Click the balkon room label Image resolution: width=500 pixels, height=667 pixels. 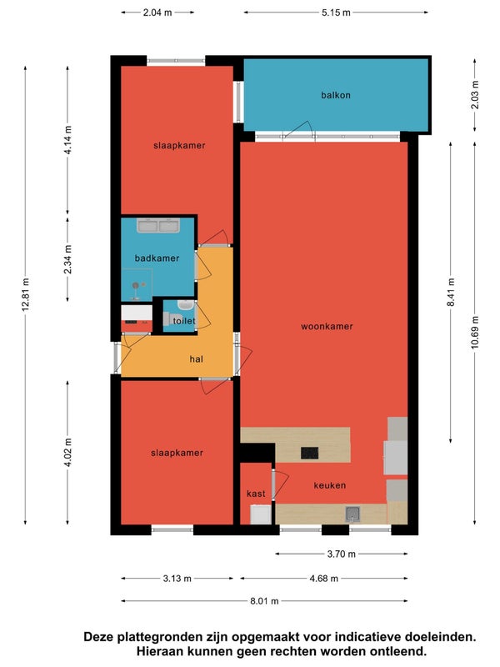coord(336,95)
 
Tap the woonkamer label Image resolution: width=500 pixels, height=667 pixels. coord(327,326)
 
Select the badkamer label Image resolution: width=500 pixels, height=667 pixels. coord(157,258)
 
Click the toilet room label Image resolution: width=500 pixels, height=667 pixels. coord(184,321)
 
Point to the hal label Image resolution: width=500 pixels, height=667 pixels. coord(196,359)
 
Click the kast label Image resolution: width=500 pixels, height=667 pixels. coord(256,494)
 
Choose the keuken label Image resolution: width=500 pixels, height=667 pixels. coord(329,485)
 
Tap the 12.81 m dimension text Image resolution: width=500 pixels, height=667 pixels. coord(26,294)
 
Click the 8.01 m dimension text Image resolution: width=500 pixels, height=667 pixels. coord(264,601)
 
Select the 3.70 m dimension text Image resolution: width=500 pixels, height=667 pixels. coord(341,554)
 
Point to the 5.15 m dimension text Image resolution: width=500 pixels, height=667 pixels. coord(336,13)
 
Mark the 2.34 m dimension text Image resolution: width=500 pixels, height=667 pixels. coord(68,259)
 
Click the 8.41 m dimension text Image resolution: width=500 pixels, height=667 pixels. coord(451,292)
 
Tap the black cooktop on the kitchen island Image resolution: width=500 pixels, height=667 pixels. coord(309,453)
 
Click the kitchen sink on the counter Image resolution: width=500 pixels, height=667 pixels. coord(352,514)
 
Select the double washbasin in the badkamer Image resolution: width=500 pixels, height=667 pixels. coord(158,225)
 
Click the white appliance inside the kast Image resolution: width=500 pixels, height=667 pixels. coord(261,514)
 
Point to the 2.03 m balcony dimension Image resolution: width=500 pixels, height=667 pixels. coord(475,95)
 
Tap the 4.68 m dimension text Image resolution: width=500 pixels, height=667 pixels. coord(323,579)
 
